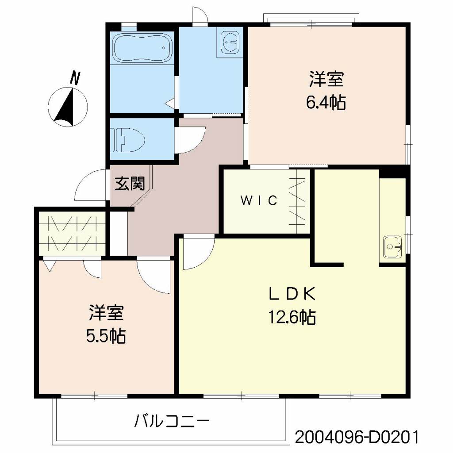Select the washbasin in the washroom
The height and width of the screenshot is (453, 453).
click(230, 43)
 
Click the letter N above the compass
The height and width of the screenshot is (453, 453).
click(76, 78)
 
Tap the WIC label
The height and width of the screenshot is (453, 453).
click(259, 201)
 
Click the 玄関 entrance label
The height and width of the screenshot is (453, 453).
click(130, 184)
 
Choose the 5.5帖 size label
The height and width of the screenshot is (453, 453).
click(106, 337)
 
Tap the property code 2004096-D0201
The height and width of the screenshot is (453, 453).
click(356, 438)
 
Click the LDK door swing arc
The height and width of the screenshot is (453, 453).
click(197, 254)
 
